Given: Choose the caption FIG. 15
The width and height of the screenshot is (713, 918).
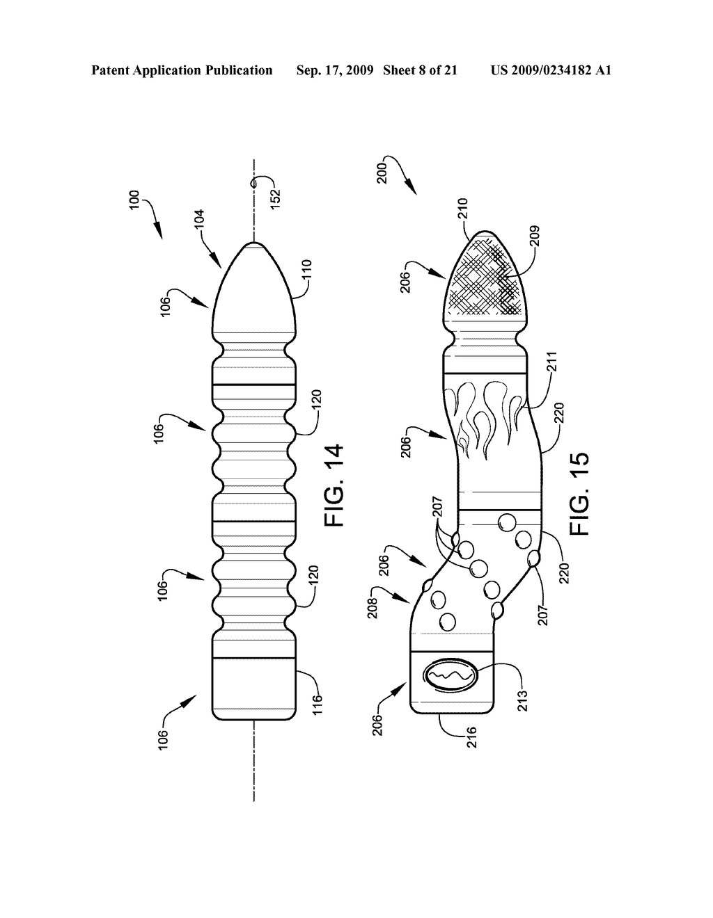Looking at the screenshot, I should tap(579, 493).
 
